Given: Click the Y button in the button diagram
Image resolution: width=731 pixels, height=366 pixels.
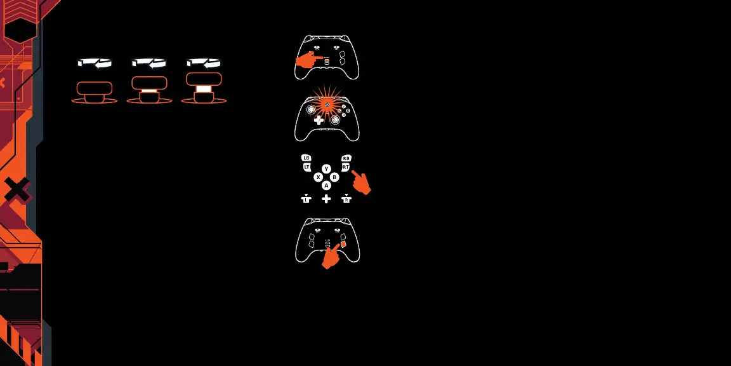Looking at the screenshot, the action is (x=326, y=169).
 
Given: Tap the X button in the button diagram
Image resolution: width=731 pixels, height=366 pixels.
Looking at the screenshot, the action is (x=319, y=177).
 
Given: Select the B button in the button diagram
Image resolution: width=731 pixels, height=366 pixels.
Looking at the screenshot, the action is (x=334, y=177).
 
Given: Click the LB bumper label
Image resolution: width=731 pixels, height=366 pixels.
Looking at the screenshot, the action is (x=306, y=158).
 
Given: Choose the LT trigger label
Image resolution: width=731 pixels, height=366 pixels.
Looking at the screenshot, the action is (x=307, y=167).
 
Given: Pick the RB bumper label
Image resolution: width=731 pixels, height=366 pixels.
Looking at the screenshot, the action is (x=346, y=158).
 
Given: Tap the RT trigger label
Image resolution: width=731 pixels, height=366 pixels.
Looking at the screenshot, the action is (x=346, y=167).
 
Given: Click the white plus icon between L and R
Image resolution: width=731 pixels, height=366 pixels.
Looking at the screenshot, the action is (x=326, y=199).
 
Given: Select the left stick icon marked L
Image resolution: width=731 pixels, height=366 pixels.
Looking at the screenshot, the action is (x=306, y=199).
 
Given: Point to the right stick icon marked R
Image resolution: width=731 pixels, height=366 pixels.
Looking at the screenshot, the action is (x=346, y=199).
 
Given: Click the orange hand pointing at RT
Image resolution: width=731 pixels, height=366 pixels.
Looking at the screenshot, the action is (x=361, y=182).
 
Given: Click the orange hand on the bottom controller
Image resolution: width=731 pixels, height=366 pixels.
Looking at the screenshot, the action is (x=331, y=257).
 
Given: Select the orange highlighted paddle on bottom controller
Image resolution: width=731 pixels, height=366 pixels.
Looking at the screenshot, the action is (x=343, y=244).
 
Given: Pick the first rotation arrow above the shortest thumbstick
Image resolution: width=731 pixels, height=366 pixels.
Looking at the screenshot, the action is (x=95, y=63).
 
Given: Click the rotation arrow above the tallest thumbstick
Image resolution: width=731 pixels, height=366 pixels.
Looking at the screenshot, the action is (x=204, y=63).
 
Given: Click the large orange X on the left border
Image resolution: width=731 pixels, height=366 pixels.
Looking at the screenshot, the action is (x=17, y=189).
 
